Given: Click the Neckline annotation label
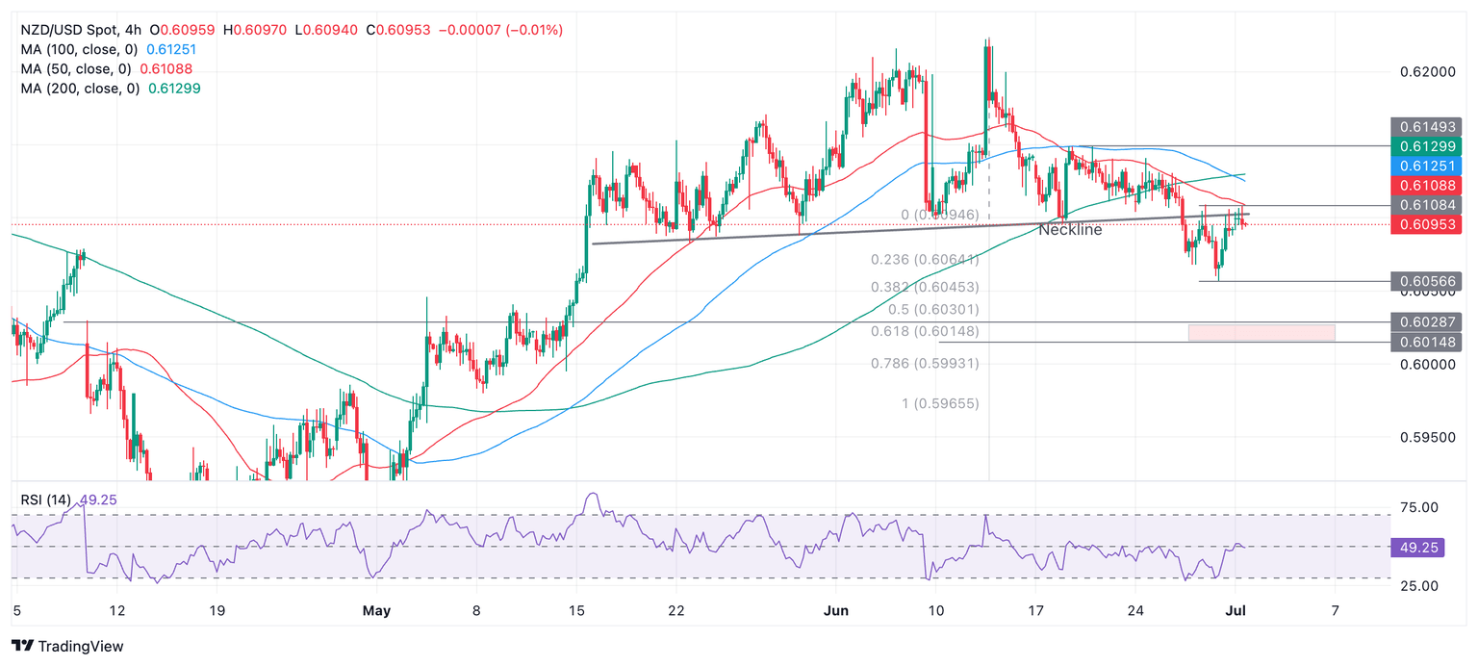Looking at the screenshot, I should pos(1070,230).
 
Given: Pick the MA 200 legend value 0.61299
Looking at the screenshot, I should pos(174,88).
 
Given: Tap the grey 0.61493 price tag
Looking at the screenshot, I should pos(1426,126).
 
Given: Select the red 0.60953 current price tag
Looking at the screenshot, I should pos(1426,224).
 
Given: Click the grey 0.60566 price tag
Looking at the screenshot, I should pos(1426,281).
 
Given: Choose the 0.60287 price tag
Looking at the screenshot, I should pos(1426,321).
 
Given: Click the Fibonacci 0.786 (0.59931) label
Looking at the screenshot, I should pos(925,363).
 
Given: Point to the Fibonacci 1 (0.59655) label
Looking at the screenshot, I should pos(940,403).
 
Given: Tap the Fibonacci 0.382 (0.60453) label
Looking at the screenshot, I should pos(925,287).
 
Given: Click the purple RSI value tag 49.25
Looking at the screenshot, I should pos(1416,548).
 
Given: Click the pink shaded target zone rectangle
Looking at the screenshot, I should pos(1261,332).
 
